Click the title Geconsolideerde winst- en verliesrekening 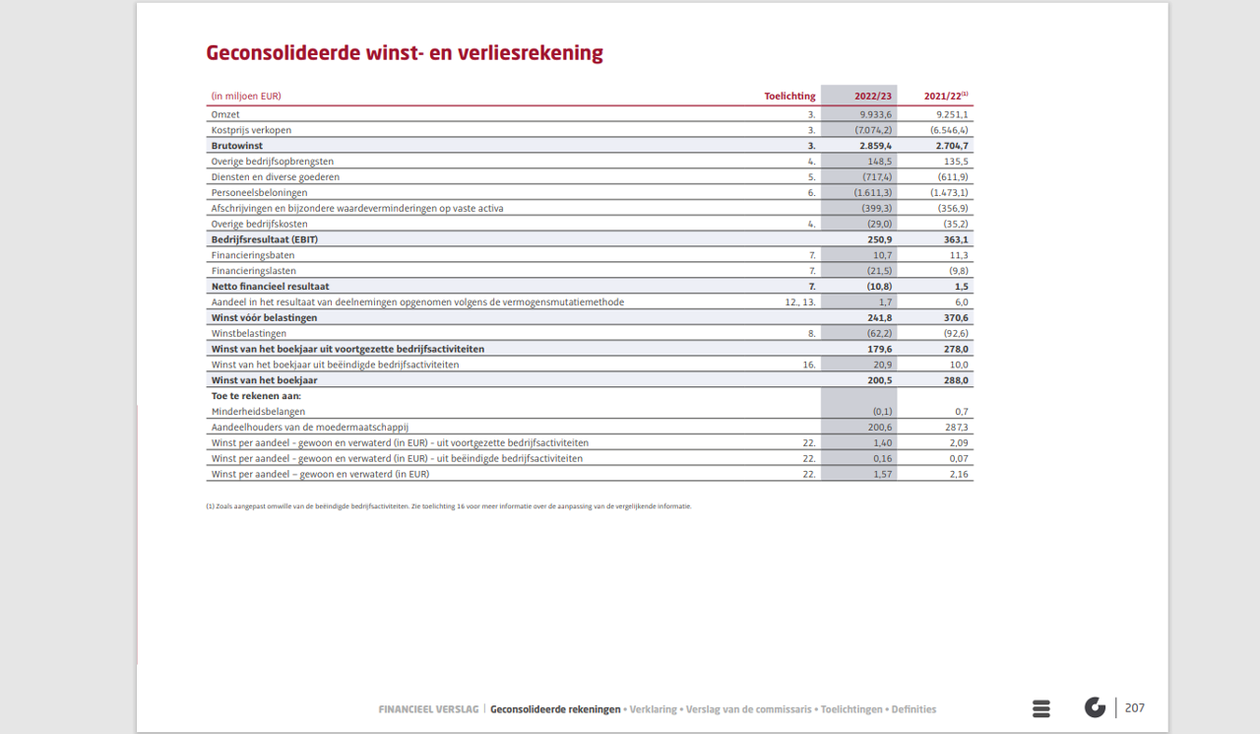click(x=404, y=53)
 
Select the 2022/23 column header click(x=872, y=97)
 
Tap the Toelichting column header click(x=789, y=97)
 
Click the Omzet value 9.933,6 click(x=875, y=114)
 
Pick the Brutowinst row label click(x=239, y=146)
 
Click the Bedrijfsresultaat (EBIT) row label click(x=264, y=239)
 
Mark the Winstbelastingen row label click(x=248, y=333)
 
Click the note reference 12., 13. click(x=800, y=301)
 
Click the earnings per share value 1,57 click(x=880, y=474)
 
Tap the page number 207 click(x=1134, y=707)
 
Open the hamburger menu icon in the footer click(x=1041, y=708)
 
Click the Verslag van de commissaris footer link click(x=748, y=709)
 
